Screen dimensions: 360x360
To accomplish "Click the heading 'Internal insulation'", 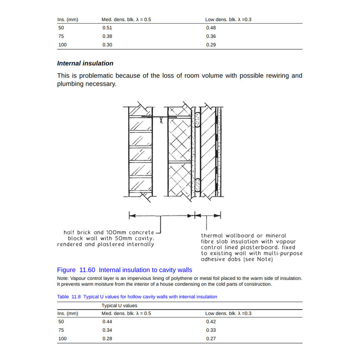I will tap(85, 63).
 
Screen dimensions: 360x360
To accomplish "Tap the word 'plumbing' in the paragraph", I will tap(71, 84).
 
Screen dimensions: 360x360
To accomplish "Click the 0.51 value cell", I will tap(107, 28).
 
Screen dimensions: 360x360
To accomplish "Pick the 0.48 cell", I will tap(211, 28).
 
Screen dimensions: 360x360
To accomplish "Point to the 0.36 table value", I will tap(211, 36).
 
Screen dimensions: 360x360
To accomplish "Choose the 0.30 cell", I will tap(107, 45).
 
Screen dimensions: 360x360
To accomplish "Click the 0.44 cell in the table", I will tap(107, 322).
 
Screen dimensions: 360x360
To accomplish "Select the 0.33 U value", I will tap(211, 330).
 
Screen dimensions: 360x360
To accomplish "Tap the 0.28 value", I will tap(107, 339).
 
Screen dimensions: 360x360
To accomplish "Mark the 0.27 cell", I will tap(211, 339).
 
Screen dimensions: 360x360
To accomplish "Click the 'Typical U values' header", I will tap(119, 306).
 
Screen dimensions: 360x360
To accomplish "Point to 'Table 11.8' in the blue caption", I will tap(69, 297).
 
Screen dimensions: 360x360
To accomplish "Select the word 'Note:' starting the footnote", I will tap(63, 278).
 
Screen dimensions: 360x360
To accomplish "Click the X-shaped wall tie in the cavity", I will tap(161, 120).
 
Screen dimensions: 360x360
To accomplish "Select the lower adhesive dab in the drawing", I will tap(198, 185).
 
